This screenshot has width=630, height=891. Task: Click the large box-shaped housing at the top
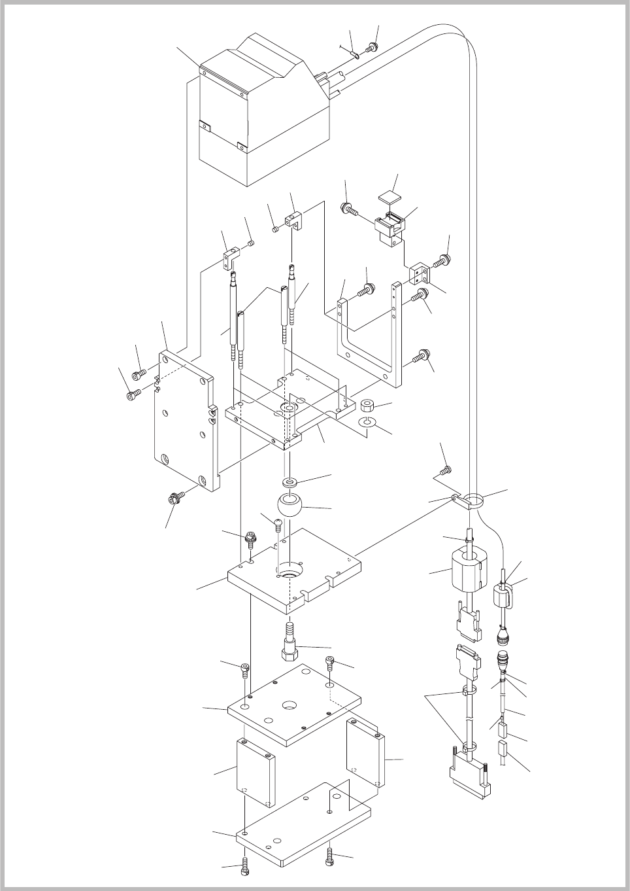click(261, 111)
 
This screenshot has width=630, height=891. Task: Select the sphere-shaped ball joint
click(290, 506)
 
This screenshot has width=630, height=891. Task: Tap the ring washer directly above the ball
click(289, 483)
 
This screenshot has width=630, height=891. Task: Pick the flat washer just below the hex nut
click(367, 424)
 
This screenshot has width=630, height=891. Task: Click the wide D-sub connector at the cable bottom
click(469, 774)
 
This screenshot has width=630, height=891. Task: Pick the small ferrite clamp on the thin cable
click(502, 597)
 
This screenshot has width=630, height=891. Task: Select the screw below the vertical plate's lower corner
click(174, 498)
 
